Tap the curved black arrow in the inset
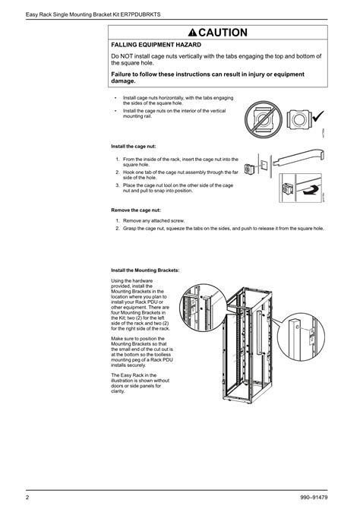309,194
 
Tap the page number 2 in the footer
27,498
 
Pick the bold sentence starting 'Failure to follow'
207,77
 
